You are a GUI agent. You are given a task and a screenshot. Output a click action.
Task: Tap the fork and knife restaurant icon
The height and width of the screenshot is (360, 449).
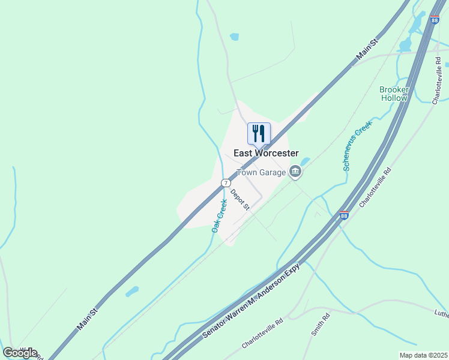(x=259, y=133)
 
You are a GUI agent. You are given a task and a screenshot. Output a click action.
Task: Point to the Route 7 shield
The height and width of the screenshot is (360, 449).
(x=225, y=182)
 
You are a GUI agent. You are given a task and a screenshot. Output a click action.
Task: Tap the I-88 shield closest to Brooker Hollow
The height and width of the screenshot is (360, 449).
(x=435, y=19)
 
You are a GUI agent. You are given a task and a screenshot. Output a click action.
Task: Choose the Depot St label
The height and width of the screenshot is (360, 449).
(x=240, y=199)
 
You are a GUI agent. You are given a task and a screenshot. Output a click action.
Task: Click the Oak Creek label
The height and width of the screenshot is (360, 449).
(x=218, y=217)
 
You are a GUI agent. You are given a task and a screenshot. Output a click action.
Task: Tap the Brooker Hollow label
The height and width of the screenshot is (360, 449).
(x=394, y=94)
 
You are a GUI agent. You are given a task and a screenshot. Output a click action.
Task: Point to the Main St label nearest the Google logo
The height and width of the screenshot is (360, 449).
(x=86, y=319)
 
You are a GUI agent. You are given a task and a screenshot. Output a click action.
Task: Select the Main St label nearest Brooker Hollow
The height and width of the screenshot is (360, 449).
(x=367, y=49)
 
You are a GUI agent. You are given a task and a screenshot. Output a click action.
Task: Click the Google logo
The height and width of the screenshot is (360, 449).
(x=20, y=353)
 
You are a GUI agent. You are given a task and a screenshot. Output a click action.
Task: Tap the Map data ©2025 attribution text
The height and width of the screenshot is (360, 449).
(x=423, y=355)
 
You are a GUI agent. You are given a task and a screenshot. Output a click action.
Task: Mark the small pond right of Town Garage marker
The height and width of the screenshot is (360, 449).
(x=306, y=161)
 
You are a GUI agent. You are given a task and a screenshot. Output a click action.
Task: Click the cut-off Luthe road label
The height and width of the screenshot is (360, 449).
(x=441, y=313)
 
